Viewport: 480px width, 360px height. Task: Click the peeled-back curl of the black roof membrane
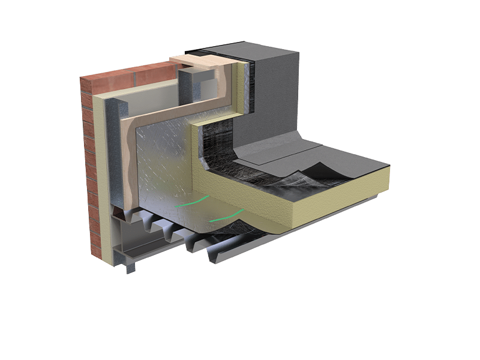click(312, 171)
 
